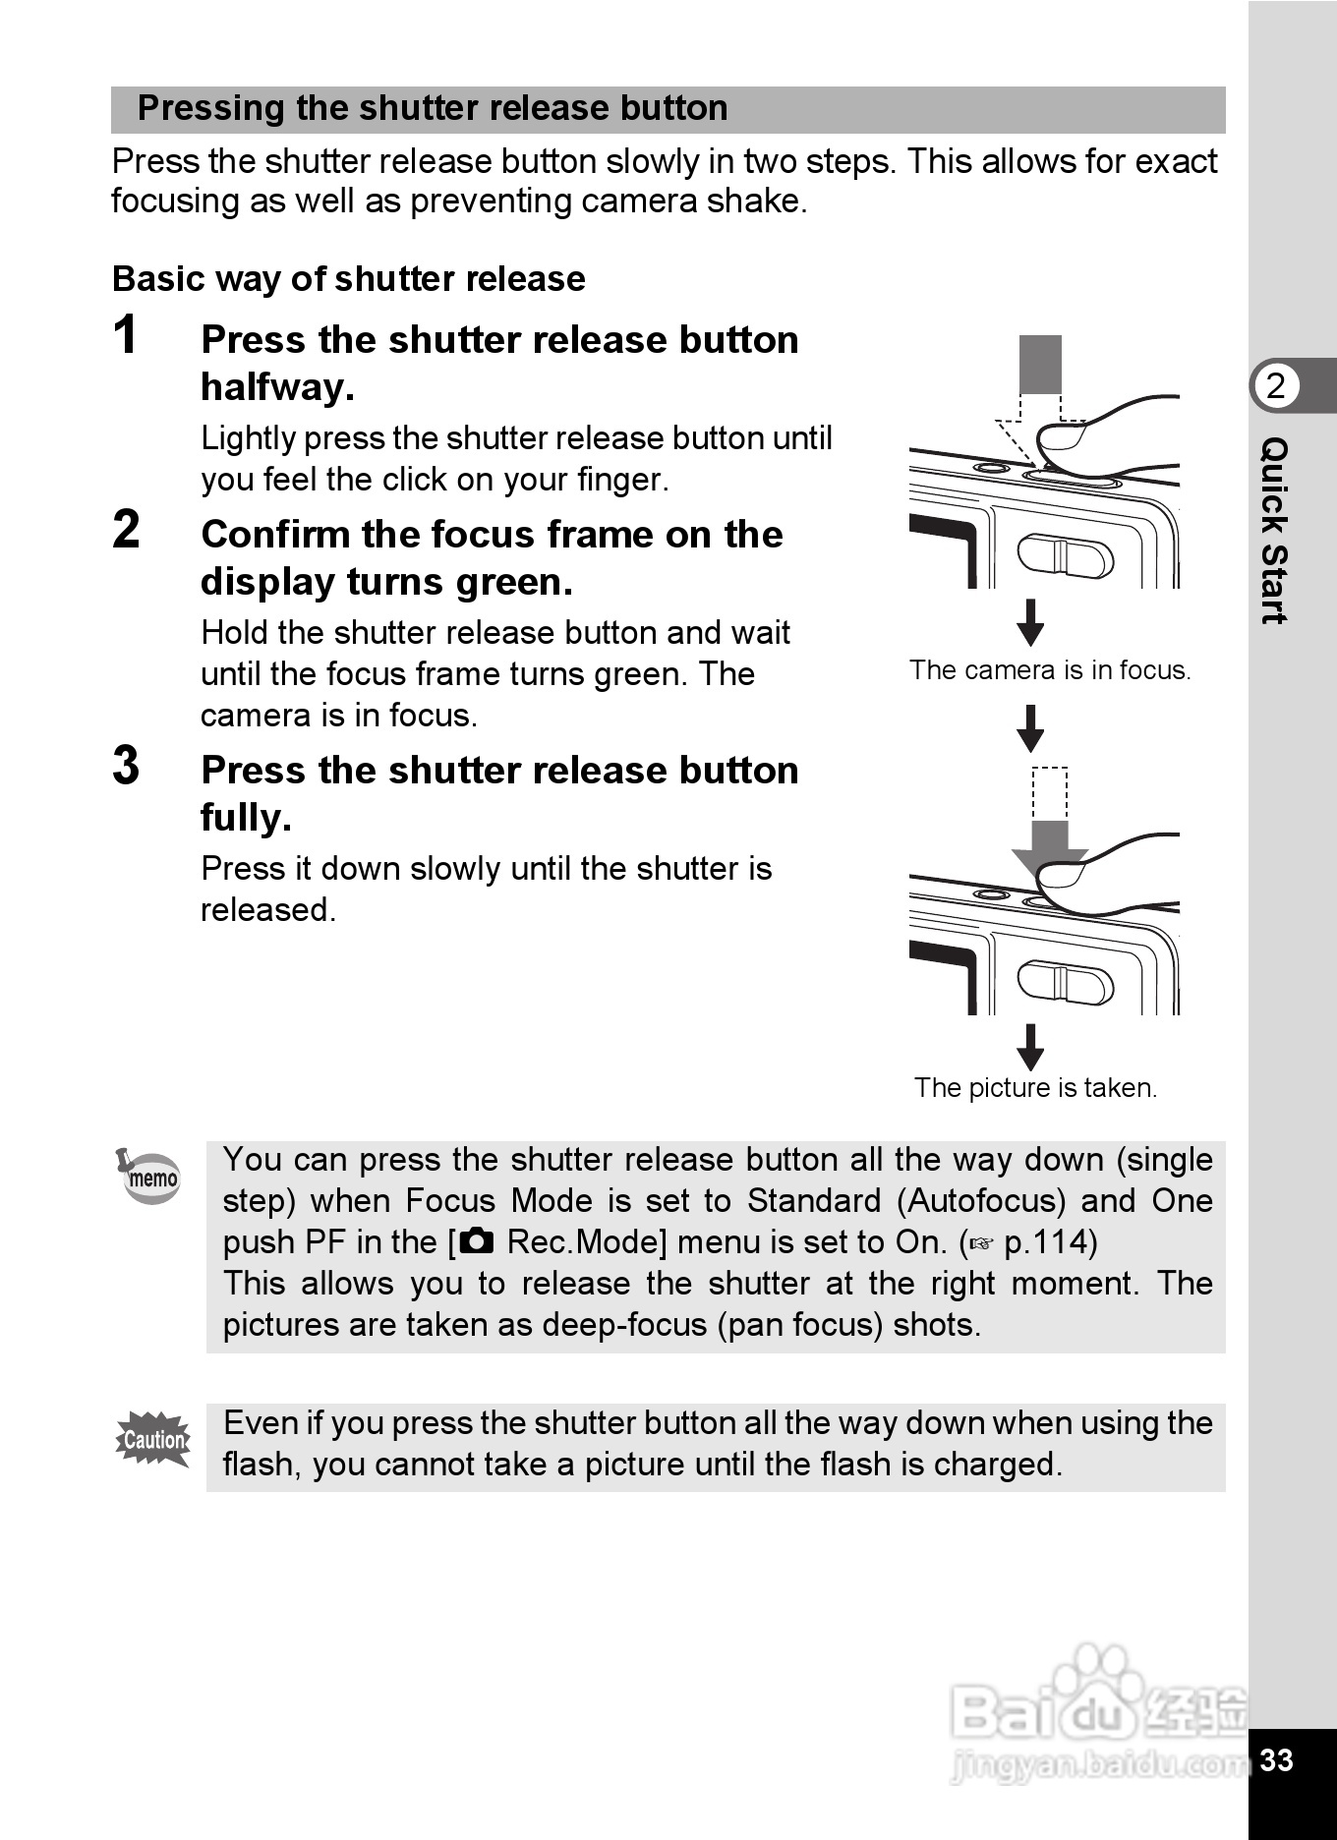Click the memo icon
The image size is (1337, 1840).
150,1176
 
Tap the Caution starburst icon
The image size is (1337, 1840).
153,1440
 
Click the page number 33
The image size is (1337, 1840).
1276,1759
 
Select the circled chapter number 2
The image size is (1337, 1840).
1275,386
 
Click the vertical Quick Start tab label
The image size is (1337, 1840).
1274,531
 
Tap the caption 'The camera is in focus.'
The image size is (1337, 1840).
1049,670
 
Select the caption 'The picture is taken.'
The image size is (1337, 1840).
1035,1088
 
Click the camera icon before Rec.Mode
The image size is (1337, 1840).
477,1241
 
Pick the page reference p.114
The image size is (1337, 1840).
1049,1242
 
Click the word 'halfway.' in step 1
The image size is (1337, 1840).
277,387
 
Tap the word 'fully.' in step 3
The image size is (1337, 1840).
246,818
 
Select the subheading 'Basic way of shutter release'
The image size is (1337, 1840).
349,279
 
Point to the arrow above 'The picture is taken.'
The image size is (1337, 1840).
1030,1047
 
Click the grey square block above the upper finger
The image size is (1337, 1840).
1040,364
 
